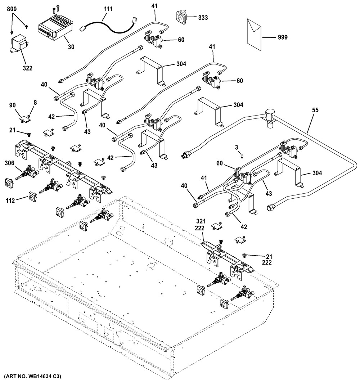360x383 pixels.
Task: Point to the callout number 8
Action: point(35,103)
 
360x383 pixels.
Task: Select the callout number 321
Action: point(200,221)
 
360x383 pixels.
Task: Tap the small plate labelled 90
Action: point(25,117)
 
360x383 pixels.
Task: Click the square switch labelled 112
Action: point(33,197)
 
